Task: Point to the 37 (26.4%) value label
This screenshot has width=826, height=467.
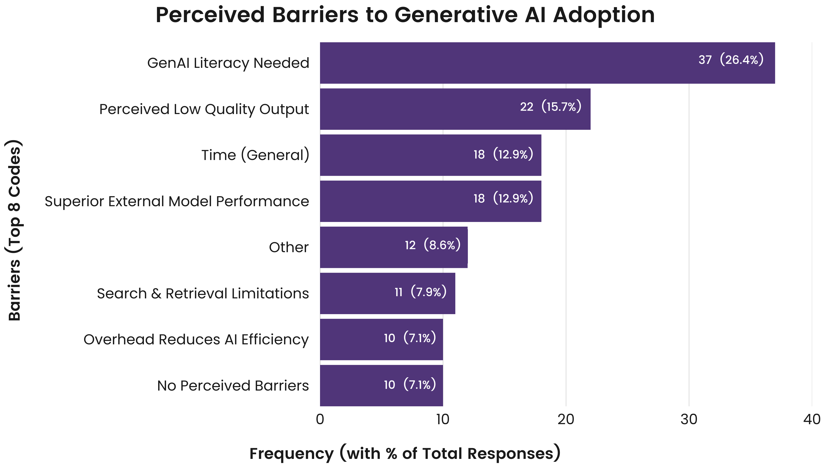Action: pos(731,60)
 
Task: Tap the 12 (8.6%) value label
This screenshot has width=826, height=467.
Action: pos(433,245)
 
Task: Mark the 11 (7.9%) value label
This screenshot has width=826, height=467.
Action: pos(420,292)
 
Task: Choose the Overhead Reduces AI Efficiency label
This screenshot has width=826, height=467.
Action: pos(196,340)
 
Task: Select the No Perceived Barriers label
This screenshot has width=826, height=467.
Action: pos(233,386)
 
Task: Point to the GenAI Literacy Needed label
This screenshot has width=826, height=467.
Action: pos(228,63)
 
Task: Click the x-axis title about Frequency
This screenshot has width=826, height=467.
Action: pos(405,453)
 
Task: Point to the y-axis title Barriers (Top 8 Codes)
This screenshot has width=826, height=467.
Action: pos(15,230)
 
